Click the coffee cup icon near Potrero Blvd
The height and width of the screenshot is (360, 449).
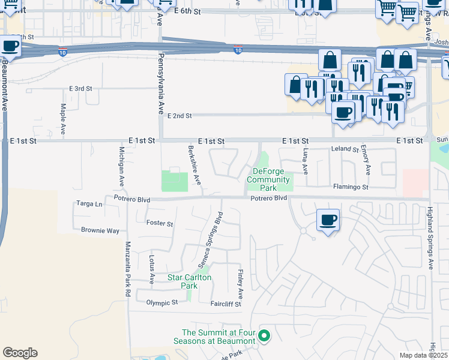pos(328,220)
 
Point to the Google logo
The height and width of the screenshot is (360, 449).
pos(20,353)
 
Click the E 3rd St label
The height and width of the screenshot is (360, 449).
pos(80,88)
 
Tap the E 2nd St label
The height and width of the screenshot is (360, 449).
pos(179,116)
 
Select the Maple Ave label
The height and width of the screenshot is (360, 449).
pos(63,118)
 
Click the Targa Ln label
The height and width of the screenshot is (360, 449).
pos(89,204)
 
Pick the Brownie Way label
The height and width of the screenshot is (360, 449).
pos(100,230)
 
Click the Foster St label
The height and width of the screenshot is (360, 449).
pos(160,223)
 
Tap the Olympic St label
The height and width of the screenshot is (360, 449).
pos(162,303)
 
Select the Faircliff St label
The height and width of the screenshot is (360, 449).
pos(225,304)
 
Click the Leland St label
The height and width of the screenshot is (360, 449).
pos(345,149)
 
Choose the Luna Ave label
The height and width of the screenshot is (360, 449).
pos(306,161)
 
